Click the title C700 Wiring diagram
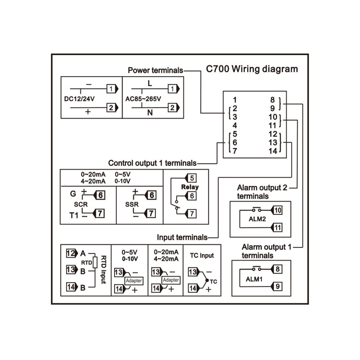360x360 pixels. [252, 69]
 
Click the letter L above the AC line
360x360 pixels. [150, 84]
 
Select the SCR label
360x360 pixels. [81, 205]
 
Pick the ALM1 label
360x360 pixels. [254, 279]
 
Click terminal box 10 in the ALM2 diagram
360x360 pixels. [278, 210]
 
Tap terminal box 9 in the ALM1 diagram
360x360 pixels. [278, 286]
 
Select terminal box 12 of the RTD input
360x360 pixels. [71, 253]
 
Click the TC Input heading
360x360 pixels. [202, 255]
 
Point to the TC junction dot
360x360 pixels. [207, 280]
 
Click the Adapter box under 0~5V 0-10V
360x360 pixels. [134, 281]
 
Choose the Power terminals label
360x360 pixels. [155, 70]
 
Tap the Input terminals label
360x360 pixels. [182, 237]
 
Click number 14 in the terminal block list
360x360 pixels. [273, 151]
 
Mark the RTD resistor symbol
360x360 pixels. [95, 262]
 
